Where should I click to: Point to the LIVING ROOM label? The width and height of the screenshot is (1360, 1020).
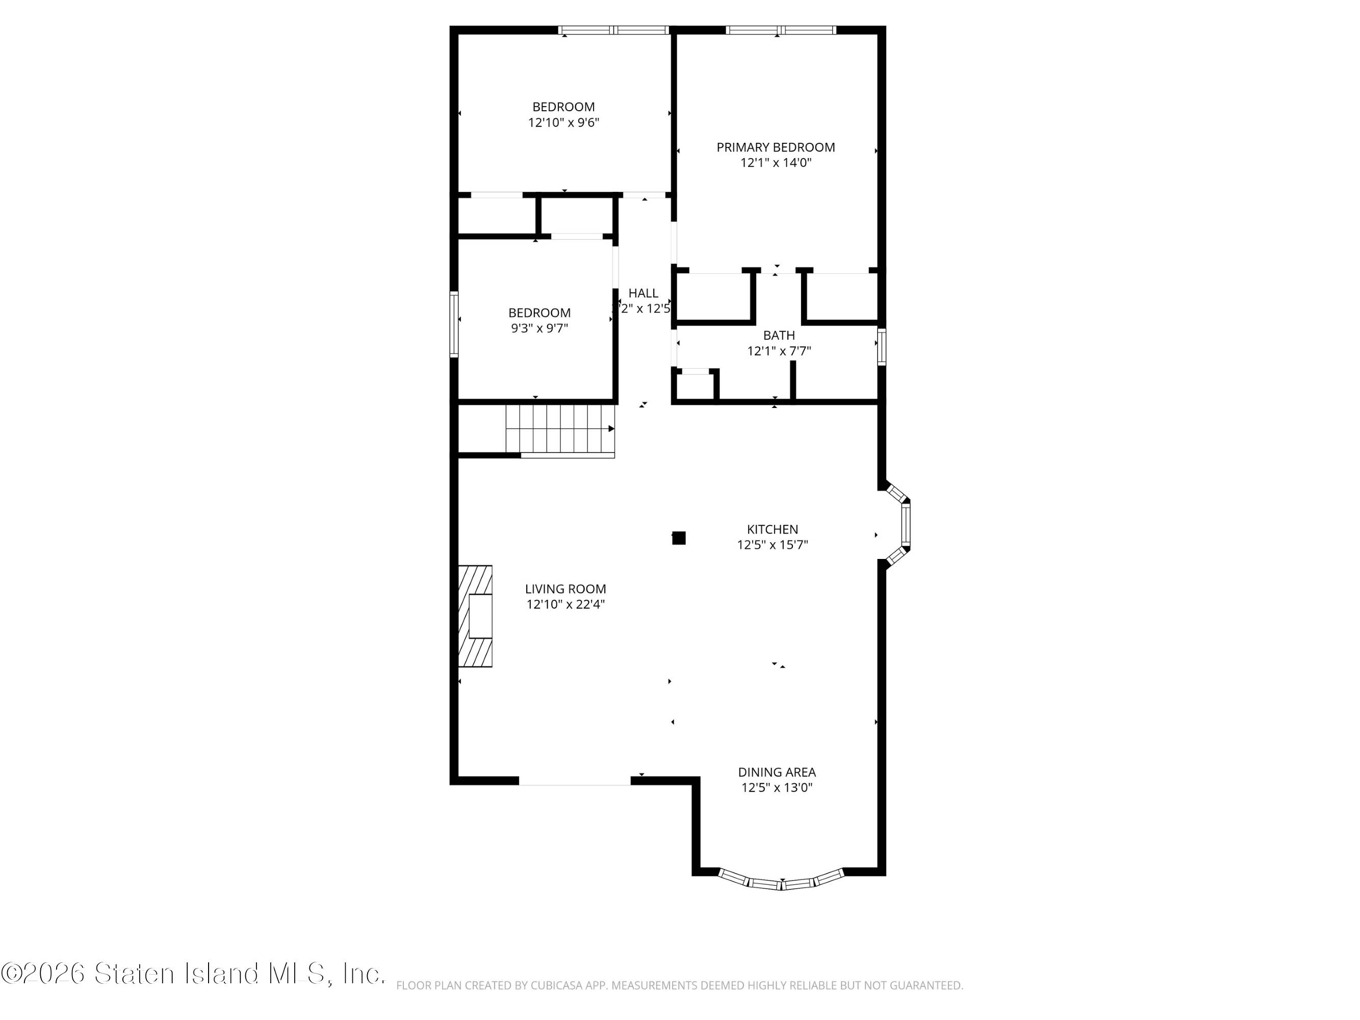(565, 589)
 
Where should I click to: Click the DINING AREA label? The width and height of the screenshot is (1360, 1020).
(777, 772)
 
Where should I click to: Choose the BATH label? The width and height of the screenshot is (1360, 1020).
(779, 336)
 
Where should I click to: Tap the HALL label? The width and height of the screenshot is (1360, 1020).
(643, 293)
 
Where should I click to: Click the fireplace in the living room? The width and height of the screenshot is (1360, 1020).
(475, 616)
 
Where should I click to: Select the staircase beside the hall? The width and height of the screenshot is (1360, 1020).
(560, 430)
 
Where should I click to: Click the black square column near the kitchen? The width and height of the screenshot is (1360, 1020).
(678, 538)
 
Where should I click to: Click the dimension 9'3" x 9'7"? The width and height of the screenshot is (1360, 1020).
(539, 328)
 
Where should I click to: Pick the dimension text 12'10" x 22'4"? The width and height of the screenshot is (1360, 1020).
(565, 604)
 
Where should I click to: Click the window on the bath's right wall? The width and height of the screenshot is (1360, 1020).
(881, 347)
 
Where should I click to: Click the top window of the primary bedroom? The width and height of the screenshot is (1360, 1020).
(780, 30)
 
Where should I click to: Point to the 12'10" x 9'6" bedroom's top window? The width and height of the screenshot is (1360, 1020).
(613, 30)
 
